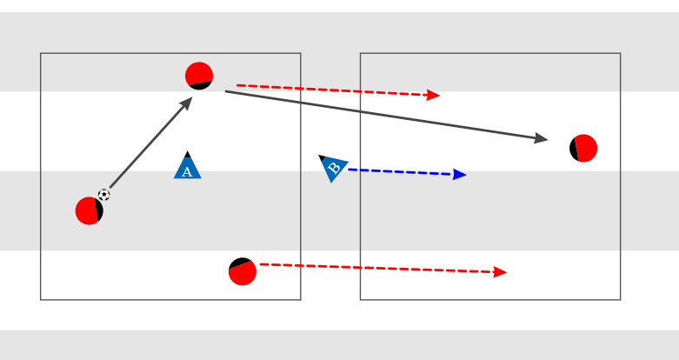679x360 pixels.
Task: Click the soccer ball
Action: click(104, 195)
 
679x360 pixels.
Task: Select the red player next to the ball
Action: click(89, 210)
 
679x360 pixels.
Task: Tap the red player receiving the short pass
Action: click(199, 76)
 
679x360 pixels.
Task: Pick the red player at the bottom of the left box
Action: click(243, 271)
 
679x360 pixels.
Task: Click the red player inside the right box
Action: click(583, 148)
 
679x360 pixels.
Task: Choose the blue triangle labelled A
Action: click(187, 168)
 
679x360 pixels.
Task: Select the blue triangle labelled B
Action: click(334, 168)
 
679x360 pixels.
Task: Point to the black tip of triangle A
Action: click(187, 155)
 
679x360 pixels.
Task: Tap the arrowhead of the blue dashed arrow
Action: click(461, 175)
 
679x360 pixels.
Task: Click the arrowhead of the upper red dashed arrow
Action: click(435, 95)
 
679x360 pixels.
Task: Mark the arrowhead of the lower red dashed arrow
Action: click(501, 272)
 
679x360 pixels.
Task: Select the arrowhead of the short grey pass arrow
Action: click(187, 102)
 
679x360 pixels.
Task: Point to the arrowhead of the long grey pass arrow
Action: click(542, 138)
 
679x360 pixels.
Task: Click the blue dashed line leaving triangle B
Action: click(400, 172)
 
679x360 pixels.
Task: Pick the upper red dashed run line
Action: click(330, 90)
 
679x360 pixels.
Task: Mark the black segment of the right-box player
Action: click(574, 149)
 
